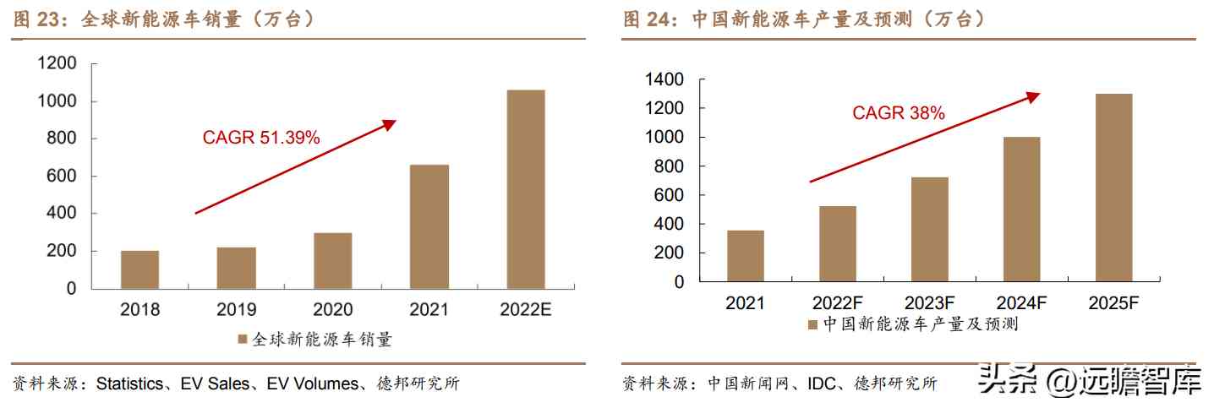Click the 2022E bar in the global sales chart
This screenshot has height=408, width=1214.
click(525, 189)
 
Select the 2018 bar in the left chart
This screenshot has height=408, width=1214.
click(139, 269)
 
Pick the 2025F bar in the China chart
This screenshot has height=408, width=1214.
click(1113, 188)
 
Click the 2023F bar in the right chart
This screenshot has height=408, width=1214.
click(929, 229)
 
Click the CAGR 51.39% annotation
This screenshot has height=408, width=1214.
click(261, 138)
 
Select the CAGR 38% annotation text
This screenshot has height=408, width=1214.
click(898, 112)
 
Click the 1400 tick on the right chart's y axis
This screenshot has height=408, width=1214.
click(664, 79)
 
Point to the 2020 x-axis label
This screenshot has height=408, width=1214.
click(332, 310)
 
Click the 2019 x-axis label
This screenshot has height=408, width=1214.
click(236, 310)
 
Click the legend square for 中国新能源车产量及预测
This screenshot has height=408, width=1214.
click(812, 324)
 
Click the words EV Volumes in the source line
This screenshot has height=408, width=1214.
click(312, 384)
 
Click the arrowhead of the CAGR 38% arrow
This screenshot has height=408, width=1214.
click(1034, 96)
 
